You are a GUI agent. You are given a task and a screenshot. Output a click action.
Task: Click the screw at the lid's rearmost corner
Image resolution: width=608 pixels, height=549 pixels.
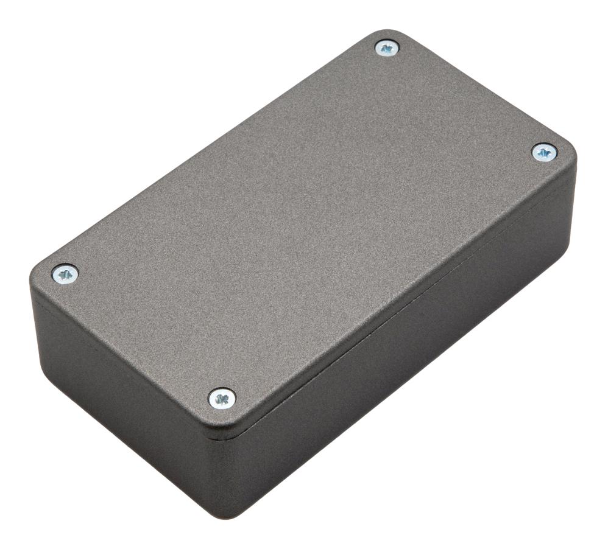pos(386,47)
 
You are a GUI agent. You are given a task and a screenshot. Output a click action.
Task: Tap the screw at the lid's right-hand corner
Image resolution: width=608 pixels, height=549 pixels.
pos(543,152)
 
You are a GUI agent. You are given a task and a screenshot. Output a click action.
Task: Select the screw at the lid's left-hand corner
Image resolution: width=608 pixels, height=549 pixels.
pos(65,274)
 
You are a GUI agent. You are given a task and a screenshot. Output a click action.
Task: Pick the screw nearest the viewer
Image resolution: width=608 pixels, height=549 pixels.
pos(222,399)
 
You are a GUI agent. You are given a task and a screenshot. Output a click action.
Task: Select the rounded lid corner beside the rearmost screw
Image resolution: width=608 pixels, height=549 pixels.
pos(390,32)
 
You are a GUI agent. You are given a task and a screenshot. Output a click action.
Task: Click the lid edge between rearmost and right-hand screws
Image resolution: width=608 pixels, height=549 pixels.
pos(481,85)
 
